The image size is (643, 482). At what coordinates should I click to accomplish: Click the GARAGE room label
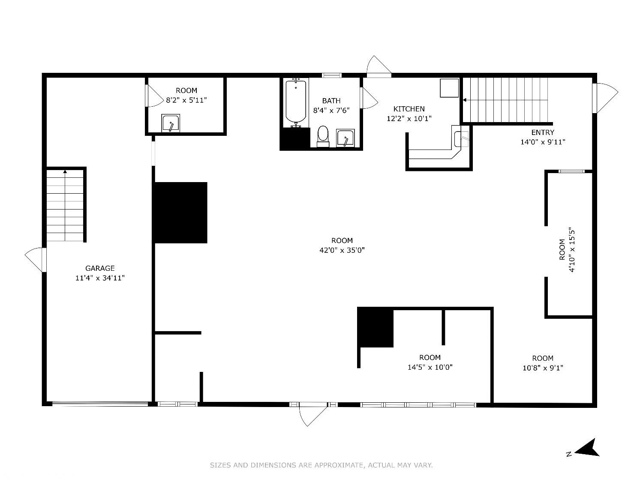pyautogui.click(x=100, y=268)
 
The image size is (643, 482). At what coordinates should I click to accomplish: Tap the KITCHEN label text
pyautogui.click(x=409, y=109)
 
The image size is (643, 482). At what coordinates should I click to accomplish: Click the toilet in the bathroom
pyautogui.click(x=323, y=136)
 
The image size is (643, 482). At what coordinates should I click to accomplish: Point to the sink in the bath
pyautogui.click(x=346, y=138)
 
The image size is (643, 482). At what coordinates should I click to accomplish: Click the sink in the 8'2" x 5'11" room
pyautogui.click(x=171, y=123)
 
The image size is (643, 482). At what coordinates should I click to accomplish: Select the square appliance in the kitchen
pyautogui.click(x=449, y=88)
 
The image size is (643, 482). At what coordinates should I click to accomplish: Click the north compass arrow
pyautogui.click(x=587, y=449)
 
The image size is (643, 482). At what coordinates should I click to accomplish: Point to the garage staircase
pyautogui.click(x=65, y=206)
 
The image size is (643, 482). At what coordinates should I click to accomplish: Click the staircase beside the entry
pyautogui.click(x=505, y=100)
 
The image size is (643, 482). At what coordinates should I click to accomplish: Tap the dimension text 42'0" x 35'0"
pyautogui.click(x=342, y=250)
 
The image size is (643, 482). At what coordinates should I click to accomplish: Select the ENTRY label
pyautogui.click(x=543, y=132)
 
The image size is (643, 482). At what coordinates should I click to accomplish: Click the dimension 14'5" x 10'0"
pyautogui.click(x=430, y=367)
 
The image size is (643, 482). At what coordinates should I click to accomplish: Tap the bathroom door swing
pyautogui.click(x=370, y=98)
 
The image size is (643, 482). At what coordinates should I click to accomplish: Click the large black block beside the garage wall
pyautogui.click(x=181, y=213)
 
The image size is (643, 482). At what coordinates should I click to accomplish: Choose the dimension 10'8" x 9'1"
pyautogui.click(x=543, y=368)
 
